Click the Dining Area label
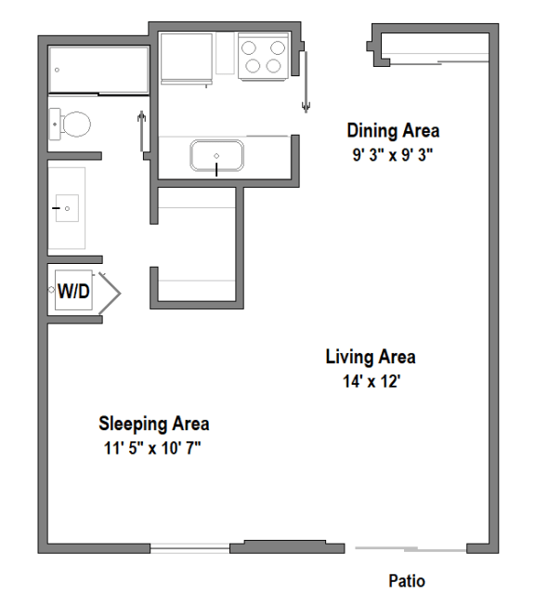point(393,130)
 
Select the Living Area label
point(370,357)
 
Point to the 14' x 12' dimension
point(371,380)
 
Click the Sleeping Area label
point(154,424)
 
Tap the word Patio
point(406,582)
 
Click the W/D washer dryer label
point(74,291)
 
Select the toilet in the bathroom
point(70,123)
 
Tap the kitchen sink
point(216,154)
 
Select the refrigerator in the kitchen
point(186,58)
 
